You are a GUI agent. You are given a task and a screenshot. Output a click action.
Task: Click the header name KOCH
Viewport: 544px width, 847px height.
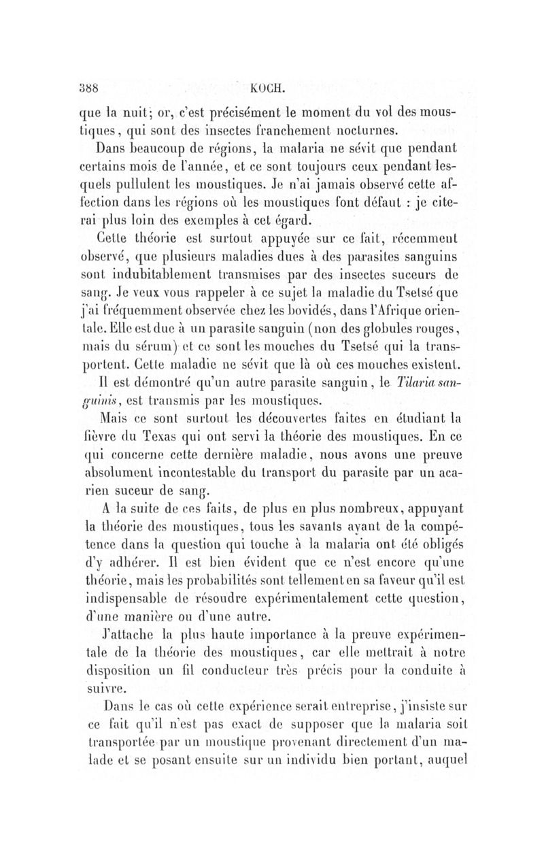(x=269, y=88)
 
